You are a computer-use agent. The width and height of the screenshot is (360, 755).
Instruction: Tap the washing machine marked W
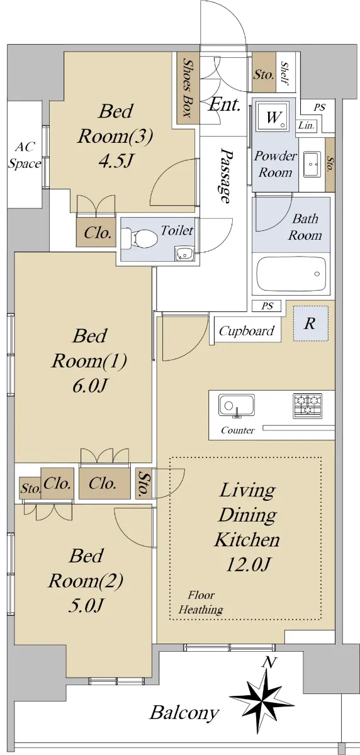pos(273,116)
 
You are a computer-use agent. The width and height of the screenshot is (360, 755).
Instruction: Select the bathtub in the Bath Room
pos(291,274)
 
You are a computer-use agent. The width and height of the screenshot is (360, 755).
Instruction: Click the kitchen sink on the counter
pos(236,405)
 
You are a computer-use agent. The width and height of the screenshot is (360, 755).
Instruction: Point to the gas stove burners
pos(307,406)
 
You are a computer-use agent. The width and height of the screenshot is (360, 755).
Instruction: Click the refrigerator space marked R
pos(310,323)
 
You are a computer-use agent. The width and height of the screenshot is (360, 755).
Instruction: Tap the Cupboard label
pos(247,331)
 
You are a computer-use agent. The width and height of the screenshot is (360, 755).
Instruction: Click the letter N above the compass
pos(269,663)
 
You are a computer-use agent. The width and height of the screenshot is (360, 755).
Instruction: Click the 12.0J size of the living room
pos(248,564)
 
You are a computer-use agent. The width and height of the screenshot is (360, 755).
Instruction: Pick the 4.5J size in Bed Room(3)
pos(116,161)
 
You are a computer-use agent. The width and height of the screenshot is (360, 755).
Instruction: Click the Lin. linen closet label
pos(307,125)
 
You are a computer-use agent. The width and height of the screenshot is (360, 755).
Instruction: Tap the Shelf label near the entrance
pos(285,73)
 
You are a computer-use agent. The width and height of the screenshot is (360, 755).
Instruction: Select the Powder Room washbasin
pos(312,164)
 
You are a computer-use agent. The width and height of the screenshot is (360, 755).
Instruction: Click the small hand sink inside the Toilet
pos(184,254)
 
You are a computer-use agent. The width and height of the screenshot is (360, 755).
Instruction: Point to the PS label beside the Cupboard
pos(267,306)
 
